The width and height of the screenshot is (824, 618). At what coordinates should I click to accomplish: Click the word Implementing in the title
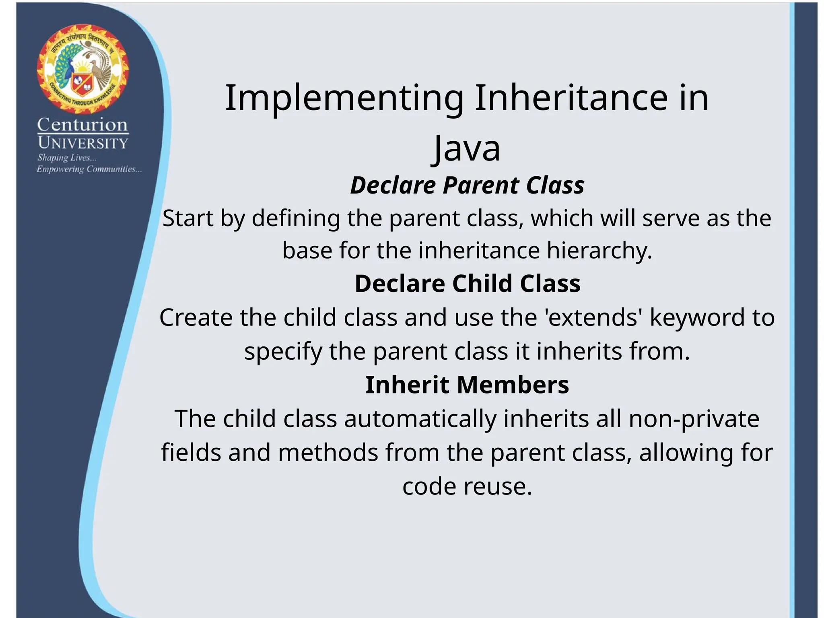[344, 98]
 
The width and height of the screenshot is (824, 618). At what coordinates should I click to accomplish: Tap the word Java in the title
[467, 148]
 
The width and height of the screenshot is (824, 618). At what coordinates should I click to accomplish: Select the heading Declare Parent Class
[467, 185]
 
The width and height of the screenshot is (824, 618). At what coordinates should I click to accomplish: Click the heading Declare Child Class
[467, 283]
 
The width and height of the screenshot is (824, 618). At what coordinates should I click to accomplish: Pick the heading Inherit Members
[467, 385]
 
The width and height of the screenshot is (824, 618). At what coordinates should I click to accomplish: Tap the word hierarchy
[599, 251]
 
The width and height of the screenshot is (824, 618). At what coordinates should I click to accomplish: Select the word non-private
[694, 419]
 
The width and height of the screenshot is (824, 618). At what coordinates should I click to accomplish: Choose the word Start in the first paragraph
[187, 218]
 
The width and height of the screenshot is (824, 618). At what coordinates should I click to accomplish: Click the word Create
[196, 317]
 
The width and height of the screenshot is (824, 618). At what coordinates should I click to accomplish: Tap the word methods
[328, 453]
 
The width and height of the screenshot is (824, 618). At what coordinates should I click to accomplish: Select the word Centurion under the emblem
[82, 125]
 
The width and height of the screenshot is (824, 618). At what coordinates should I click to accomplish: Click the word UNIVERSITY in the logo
[83, 143]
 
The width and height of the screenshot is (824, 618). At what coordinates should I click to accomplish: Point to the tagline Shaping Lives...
[67, 158]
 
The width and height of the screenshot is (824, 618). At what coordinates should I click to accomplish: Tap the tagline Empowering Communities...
[89, 169]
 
